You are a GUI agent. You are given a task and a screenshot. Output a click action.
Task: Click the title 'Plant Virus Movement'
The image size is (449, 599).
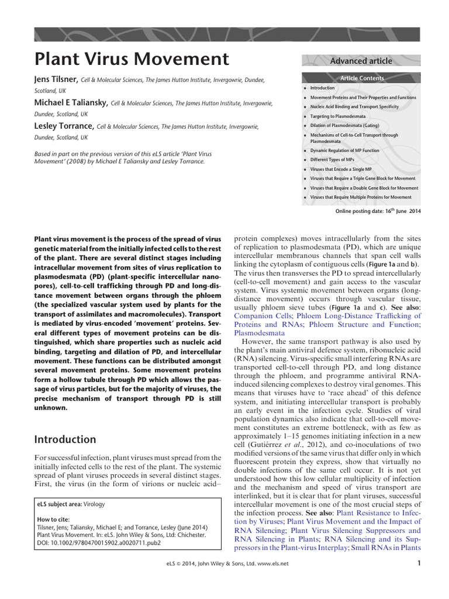click(x=132, y=59)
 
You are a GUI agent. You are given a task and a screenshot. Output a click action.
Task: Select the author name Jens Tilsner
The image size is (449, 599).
click(x=57, y=80)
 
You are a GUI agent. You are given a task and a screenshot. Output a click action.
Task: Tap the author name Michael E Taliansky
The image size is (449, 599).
click(x=71, y=102)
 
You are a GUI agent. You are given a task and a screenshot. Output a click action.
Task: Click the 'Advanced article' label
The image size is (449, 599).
click(x=361, y=61)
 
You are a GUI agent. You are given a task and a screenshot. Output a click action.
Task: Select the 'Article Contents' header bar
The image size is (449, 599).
click(x=362, y=78)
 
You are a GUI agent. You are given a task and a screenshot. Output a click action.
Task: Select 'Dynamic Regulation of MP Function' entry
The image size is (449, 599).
click(x=344, y=150)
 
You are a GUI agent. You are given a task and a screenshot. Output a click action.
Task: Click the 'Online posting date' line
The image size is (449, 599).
click(x=377, y=211)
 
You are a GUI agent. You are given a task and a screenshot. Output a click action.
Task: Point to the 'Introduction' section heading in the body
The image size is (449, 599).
click(x=65, y=439)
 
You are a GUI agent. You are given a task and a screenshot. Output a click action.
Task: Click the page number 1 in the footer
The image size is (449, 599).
click(x=419, y=563)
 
